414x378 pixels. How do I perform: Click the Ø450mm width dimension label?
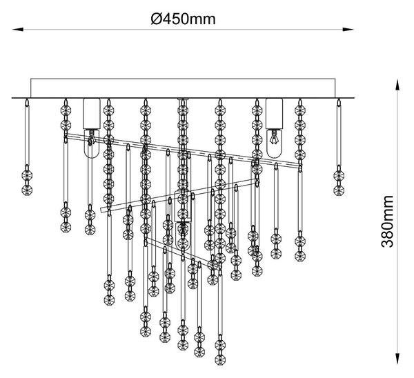pyautogui.click(x=184, y=19)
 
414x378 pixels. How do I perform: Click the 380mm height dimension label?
pyautogui.click(x=387, y=221)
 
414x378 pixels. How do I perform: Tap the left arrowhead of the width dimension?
pyautogui.click(x=18, y=29)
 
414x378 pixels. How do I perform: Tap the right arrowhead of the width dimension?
pyautogui.click(x=348, y=29)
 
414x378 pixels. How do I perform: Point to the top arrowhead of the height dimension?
pyautogui.click(x=397, y=85)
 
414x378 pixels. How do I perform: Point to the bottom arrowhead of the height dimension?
pyautogui.click(x=397, y=359)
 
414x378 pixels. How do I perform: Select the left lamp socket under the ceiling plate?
pyautogui.click(x=92, y=114)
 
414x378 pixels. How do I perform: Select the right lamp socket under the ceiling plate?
pyautogui.click(x=275, y=114)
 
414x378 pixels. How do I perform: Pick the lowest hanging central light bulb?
pyautogui.click(x=183, y=236)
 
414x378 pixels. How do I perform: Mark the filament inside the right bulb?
pyautogui.click(x=274, y=137)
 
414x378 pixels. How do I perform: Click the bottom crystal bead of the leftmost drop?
pyautogui.click(x=27, y=190)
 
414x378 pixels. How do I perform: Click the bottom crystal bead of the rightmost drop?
pyautogui.click(x=339, y=190)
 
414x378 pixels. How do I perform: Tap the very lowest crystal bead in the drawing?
pyautogui.click(x=220, y=359)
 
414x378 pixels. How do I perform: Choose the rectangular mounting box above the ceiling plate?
pyautogui.click(x=183, y=88)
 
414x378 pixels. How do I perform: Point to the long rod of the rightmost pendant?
pyautogui.click(x=339, y=135)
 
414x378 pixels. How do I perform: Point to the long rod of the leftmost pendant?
pyautogui.click(x=27, y=135)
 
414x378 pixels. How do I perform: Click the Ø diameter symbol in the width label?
pyautogui.click(x=155, y=19)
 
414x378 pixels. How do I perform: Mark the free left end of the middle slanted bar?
pyautogui.click(x=101, y=210)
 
